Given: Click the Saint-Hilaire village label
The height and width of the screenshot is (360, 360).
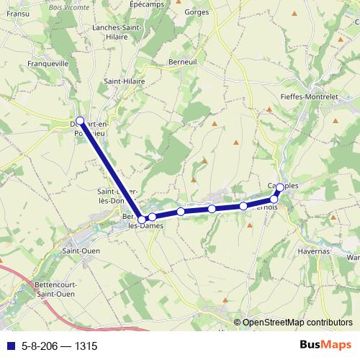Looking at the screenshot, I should [125, 82].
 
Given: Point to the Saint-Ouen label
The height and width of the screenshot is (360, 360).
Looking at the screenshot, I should [81, 251].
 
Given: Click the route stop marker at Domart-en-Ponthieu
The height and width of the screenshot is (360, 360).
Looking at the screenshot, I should [80, 121].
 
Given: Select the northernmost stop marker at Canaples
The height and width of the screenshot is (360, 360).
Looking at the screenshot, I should [280, 188].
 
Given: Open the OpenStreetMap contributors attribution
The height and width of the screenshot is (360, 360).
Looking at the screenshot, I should [299, 323].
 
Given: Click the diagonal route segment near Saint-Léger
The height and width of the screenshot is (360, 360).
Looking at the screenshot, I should [112, 171].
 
